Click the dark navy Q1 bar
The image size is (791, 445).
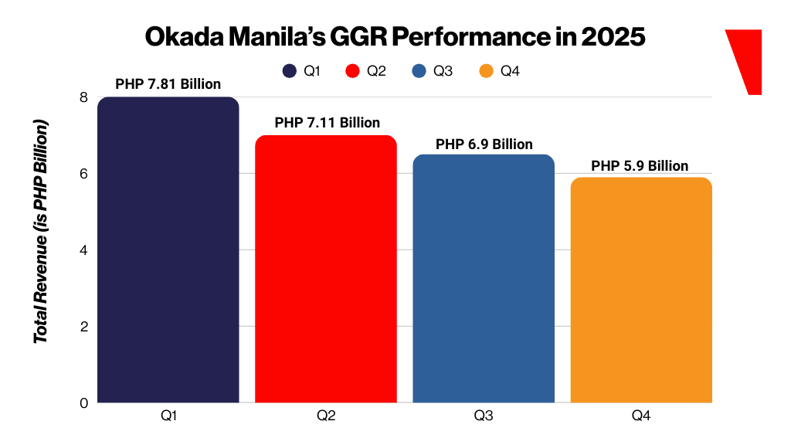[168, 250]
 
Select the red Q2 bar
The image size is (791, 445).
[326, 269]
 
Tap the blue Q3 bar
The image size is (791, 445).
[484, 278]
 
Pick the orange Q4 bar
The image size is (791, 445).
[641, 290]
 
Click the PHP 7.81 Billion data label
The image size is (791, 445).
[168, 84]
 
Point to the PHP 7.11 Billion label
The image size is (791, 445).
[328, 122]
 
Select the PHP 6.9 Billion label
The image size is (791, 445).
[484, 144]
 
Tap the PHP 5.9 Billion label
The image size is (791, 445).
[640, 165]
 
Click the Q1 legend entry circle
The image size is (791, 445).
[290, 71]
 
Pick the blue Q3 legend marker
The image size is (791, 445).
[419, 71]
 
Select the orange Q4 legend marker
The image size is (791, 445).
[486, 71]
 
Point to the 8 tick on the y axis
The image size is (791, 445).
[83, 97]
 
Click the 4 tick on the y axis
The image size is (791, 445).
[83, 250]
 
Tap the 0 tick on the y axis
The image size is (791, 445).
[83, 403]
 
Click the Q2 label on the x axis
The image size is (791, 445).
[326, 416]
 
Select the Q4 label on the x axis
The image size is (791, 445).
[641, 416]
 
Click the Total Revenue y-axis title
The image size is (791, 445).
[42, 232]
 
